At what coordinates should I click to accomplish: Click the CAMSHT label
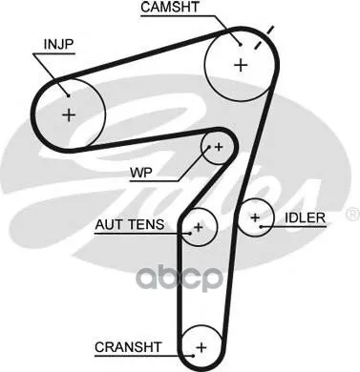(x=170, y=8)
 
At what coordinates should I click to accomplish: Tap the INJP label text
(x=58, y=45)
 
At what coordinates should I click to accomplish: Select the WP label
(x=141, y=173)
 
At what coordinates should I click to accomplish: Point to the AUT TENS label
(x=130, y=225)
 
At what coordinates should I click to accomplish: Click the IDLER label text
(x=305, y=217)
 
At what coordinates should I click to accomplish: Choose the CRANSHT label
(x=128, y=347)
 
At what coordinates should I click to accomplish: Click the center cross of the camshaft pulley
(x=241, y=65)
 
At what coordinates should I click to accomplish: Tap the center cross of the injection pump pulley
(x=69, y=114)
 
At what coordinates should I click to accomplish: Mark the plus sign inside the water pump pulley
(x=219, y=147)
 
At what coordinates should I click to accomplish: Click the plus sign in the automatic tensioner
(x=199, y=227)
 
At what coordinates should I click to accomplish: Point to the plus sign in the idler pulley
(x=255, y=217)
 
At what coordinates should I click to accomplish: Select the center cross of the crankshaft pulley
(x=201, y=347)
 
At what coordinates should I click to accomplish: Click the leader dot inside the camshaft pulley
(x=241, y=45)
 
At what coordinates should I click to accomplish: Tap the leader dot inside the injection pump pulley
(x=69, y=94)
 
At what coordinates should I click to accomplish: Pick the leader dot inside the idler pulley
(x=261, y=227)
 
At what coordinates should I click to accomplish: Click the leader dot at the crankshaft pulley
(x=193, y=356)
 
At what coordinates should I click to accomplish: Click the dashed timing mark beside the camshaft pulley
(x=264, y=37)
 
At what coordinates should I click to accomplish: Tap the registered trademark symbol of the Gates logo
(x=352, y=215)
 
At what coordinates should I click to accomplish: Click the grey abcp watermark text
(x=179, y=279)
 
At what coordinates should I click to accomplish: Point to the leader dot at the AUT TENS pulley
(x=190, y=234)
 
